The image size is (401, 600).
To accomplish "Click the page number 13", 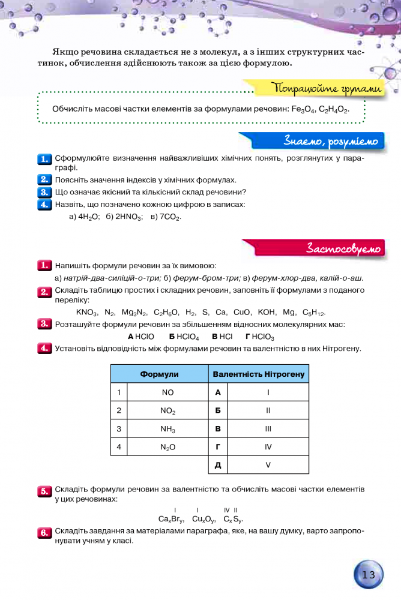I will tap(368, 575).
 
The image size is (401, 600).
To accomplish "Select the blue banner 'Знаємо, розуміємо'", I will tap(331, 142).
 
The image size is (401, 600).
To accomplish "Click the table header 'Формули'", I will tap(159, 374).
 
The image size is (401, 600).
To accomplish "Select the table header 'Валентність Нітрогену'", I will tap(259, 374).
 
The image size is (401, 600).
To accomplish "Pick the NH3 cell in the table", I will tap(167, 429).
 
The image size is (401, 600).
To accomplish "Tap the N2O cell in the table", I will tap(167, 447).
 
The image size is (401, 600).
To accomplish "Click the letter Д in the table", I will tap(218, 465).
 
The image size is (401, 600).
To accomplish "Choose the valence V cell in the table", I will tap(268, 465).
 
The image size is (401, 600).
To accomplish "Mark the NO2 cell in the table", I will tap(167, 411).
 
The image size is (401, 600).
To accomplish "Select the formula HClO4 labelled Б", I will tap(184, 337).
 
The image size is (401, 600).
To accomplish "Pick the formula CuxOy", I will tap(204, 519).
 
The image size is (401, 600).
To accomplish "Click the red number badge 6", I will tap(44, 533).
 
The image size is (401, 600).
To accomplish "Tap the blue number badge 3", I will tap(44, 192).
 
